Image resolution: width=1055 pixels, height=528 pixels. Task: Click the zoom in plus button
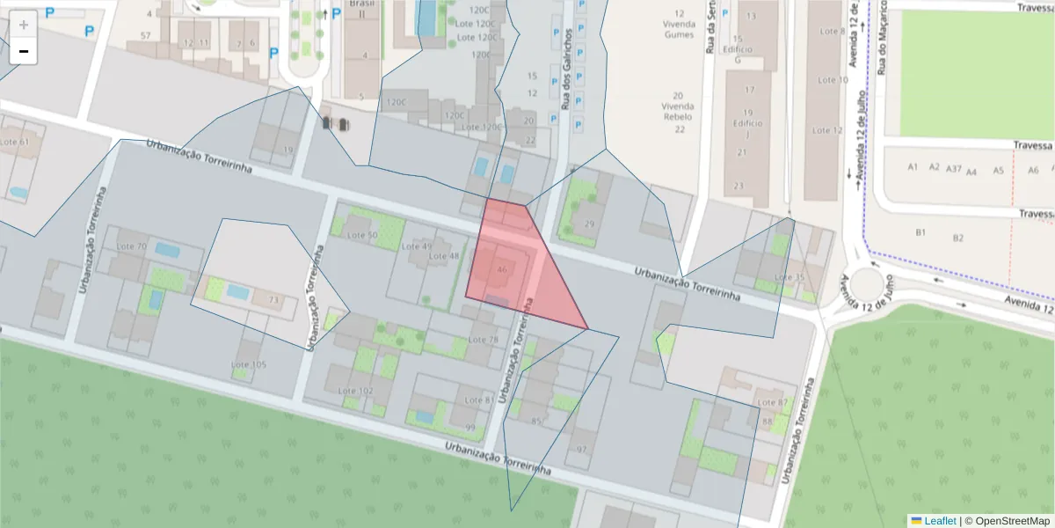tap(24, 25)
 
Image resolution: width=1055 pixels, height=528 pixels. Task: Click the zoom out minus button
tap(24, 52)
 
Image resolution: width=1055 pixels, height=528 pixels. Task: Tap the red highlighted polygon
tap(519, 264)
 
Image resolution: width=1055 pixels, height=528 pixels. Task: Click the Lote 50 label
tap(362, 235)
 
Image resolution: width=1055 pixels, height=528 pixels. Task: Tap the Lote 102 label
tap(356, 391)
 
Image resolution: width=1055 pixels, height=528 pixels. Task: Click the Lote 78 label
tap(483, 340)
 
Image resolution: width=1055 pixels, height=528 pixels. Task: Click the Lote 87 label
tap(772, 403)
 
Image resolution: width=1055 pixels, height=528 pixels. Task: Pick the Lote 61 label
tap(14, 142)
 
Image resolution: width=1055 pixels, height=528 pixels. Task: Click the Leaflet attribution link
tap(934, 521)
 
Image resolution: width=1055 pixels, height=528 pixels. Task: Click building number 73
tap(273, 301)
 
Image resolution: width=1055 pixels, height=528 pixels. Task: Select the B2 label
tap(958, 238)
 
